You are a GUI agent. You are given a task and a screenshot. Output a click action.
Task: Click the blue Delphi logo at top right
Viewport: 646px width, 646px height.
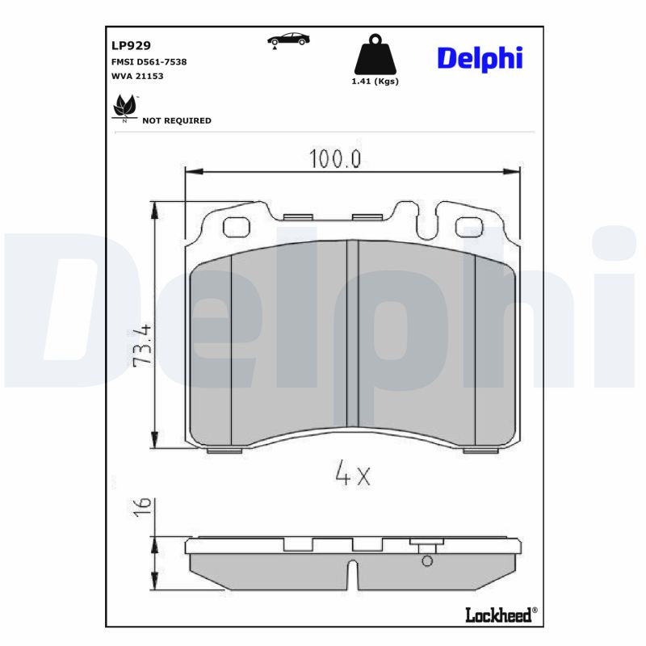480,58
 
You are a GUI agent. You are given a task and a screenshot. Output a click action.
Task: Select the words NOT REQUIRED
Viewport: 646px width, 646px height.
176,120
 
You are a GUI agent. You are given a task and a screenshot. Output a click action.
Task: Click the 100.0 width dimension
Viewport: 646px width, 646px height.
333,159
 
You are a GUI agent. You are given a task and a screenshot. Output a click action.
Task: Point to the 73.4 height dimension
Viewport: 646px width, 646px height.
142,346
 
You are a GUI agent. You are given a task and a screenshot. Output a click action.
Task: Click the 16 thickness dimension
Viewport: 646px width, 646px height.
142,506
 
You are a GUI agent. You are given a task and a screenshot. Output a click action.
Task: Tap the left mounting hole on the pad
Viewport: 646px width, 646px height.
236,228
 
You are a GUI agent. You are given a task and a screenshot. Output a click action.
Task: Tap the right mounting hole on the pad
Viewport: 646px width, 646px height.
468,228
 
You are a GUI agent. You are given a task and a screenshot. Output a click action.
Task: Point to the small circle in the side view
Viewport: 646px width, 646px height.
427,561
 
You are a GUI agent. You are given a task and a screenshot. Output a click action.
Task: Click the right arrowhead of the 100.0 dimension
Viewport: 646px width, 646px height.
511,171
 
